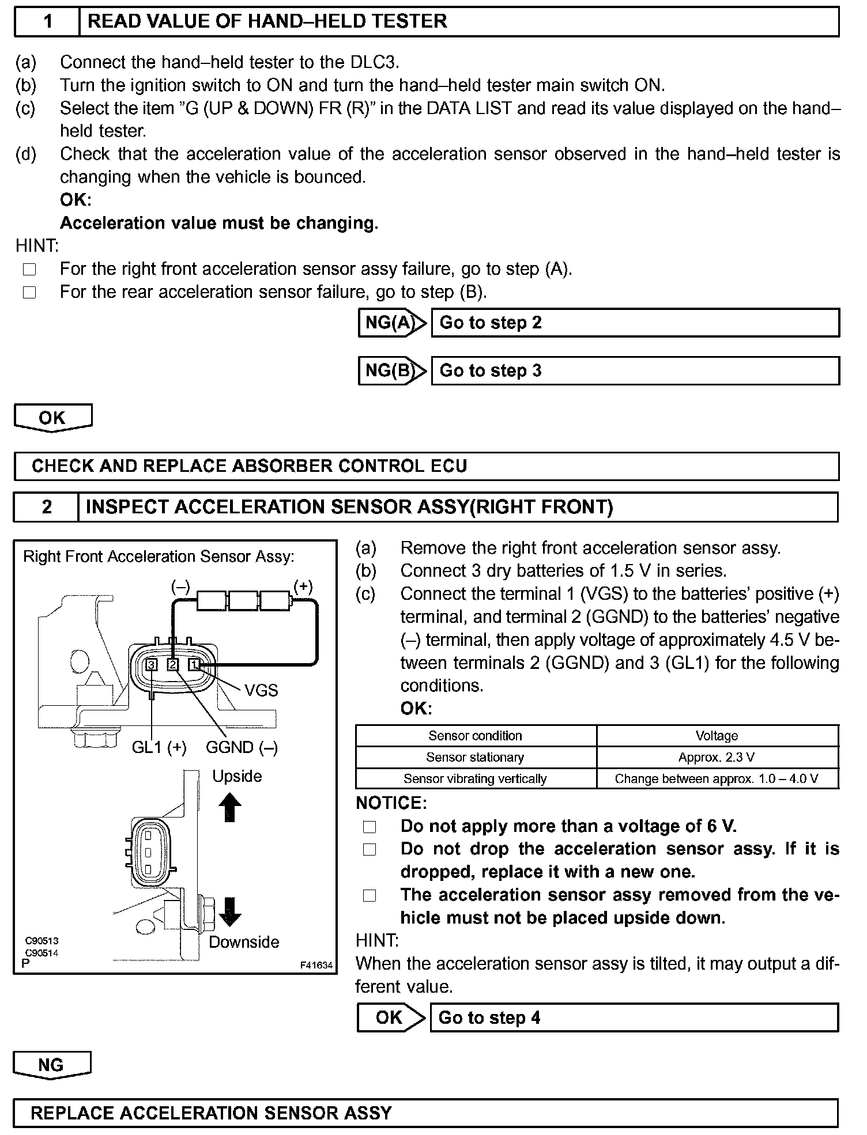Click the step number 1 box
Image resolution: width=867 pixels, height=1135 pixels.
(47, 22)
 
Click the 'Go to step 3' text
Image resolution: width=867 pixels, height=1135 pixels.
(491, 370)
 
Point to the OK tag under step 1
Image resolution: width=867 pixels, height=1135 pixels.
(52, 418)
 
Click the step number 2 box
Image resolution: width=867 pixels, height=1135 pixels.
(46, 507)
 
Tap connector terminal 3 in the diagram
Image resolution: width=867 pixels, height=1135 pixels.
(152, 665)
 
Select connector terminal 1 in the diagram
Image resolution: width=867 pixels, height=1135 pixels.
(194, 665)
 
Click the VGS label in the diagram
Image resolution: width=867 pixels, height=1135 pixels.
(261, 690)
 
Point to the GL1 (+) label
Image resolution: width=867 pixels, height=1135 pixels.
(159, 747)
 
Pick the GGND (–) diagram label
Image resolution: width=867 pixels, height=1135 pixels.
(242, 747)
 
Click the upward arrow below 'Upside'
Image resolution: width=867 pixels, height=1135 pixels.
(229, 807)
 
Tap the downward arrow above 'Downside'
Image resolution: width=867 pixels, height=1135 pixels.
(229, 911)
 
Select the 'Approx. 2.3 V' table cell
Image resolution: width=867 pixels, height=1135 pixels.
(717, 757)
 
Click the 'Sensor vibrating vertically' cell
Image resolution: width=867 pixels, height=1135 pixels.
(475, 779)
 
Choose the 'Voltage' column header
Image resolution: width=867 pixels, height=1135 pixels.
(717, 736)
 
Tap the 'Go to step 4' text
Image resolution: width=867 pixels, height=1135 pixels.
(489, 1017)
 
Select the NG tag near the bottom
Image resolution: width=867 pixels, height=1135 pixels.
(51, 1065)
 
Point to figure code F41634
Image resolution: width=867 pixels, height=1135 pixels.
(316, 965)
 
